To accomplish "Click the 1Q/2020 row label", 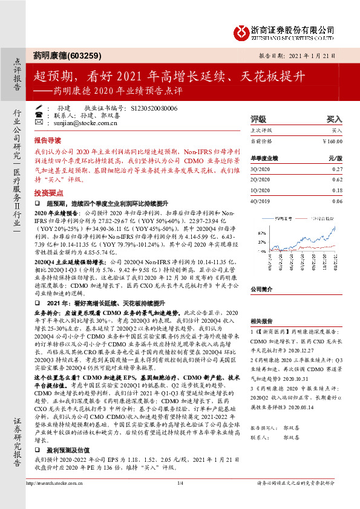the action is [261, 190].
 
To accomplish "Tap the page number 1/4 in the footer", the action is [180, 501].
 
